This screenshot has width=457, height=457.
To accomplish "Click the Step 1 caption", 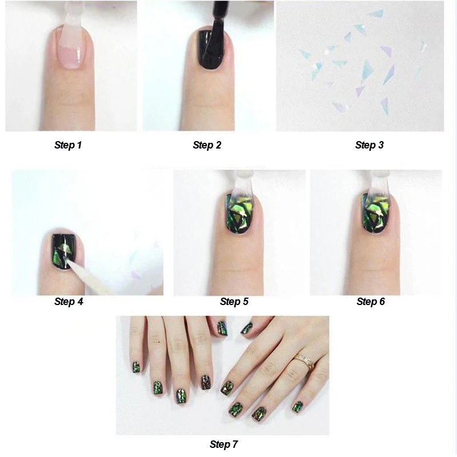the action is (68, 145).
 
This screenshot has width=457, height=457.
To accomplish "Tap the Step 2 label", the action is (207, 145).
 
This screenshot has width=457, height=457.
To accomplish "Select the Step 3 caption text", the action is (369, 145).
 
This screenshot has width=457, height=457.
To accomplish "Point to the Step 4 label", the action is (69, 302).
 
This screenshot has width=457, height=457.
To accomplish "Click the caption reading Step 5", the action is (234, 302).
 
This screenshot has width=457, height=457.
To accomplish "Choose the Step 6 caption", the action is (370, 302).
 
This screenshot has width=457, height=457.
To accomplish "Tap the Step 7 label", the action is (223, 444).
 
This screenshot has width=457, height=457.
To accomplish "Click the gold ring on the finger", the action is (304, 362).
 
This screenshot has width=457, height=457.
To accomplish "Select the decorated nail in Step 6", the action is (375, 213).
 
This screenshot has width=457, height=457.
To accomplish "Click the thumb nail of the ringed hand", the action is (247, 328).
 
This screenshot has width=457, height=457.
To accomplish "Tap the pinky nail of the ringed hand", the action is (297, 407).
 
